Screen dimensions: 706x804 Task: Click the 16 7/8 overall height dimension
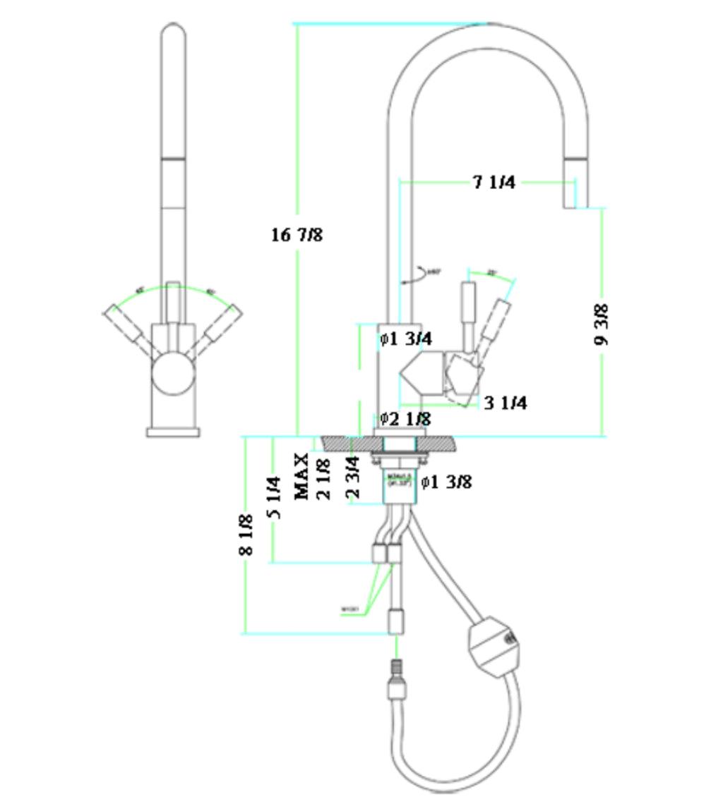297,234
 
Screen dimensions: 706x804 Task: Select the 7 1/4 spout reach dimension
493,183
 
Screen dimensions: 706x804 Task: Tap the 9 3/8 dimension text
601,324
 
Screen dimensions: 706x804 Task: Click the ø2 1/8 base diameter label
405,419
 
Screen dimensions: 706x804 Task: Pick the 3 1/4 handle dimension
505,403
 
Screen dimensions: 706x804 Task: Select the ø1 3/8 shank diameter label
446,482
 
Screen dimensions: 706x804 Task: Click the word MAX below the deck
302,477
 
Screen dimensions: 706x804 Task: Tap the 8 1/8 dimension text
246,534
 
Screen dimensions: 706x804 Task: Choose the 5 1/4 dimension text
275,498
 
